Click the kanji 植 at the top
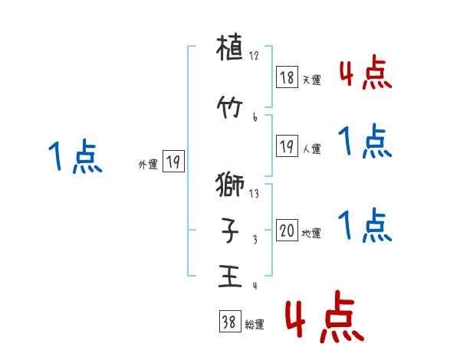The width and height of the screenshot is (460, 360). coord(231,53)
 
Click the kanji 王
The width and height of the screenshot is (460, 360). coord(231,275)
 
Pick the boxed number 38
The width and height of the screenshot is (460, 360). coord(229,322)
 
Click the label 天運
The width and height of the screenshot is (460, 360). coord(311,80)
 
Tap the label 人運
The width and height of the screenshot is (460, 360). coord(311,149)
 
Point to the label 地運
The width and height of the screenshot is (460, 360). coord(311,233)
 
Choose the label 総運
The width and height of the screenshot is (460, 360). coord(255,325)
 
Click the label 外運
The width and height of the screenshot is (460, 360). coord(148,163)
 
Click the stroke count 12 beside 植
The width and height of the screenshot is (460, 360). coord(255,56)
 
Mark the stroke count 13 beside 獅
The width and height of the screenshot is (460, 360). coord(255,194)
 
